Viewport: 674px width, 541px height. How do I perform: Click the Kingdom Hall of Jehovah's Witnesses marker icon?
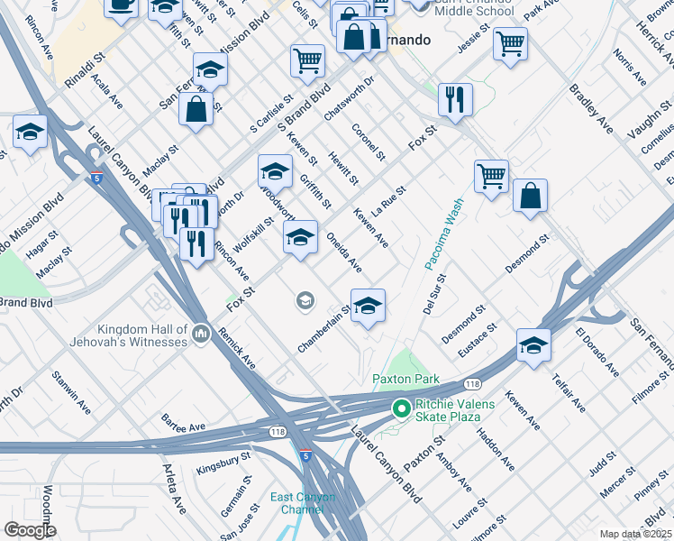tap(200, 335)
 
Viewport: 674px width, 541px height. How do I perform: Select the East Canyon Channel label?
tap(305, 503)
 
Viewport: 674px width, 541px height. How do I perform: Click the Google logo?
tap(29, 530)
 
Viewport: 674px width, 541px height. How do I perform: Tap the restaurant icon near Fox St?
tap(455, 98)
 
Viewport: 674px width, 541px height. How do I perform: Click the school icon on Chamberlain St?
tap(368, 307)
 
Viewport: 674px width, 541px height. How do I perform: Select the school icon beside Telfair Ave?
tap(533, 345)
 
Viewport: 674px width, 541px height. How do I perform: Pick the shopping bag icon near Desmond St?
tap(531, 196)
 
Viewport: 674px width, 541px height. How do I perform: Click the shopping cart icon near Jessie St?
tap(510, 42)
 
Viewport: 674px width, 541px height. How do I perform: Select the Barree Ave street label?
tap(184, 422)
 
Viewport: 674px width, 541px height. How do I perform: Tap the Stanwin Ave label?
tap(71, 389)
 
